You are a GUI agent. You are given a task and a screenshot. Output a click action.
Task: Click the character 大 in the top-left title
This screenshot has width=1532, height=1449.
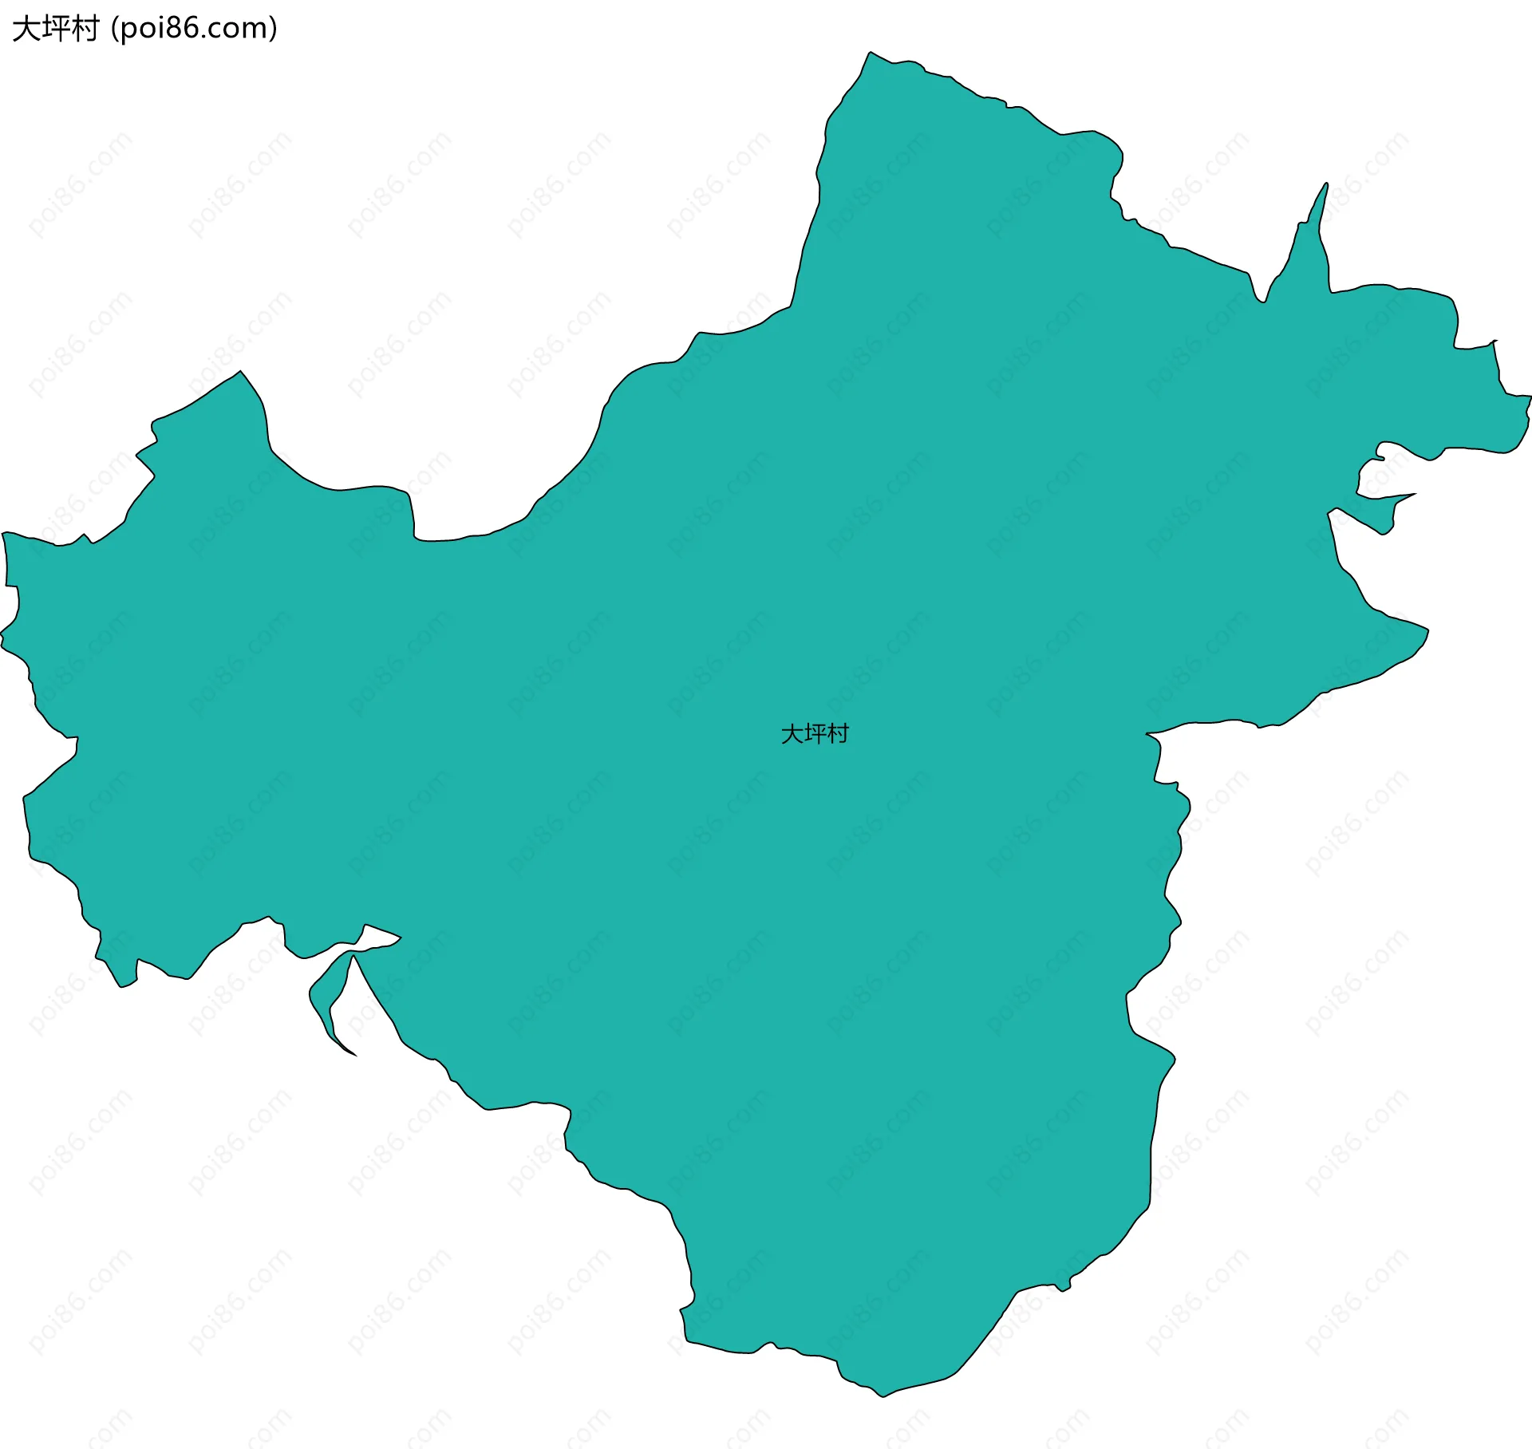coord(26,29)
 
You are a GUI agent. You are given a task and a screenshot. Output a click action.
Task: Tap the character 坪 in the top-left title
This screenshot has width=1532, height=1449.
coord(55,29)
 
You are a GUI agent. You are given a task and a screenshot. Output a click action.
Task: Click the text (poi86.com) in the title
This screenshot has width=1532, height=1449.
coord(194,29)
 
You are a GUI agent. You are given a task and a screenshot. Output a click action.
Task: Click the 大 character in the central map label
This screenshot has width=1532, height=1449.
coord(792,733)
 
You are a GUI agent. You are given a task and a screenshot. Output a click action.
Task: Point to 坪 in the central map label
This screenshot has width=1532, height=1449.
coord(815,733)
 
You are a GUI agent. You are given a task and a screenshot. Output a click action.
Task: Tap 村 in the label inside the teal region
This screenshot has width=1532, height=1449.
coord(838,733)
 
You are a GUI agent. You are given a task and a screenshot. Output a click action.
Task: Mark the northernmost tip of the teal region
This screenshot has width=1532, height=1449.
coord(870,53)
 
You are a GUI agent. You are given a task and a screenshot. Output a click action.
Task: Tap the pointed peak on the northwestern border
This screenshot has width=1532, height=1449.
coord(240,373)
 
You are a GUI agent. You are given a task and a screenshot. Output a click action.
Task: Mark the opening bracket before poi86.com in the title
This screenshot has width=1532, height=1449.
coord(115,29)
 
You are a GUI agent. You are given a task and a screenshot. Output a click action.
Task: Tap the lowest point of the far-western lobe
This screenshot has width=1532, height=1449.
coord(122,985)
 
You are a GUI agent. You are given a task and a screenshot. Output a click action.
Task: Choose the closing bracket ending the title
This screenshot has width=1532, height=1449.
coord(274,29)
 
